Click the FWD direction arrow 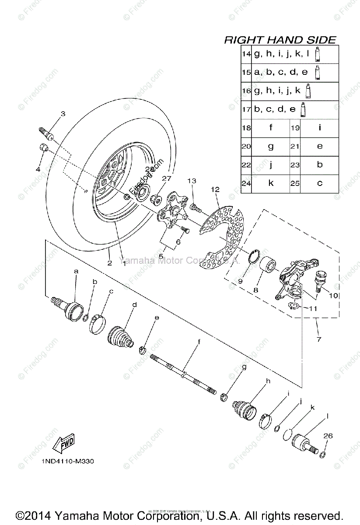click(x=63, y=443)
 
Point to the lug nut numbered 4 click(x=42, y=147)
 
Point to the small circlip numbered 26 click(x=323, y=455)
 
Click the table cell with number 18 click(x=246, y=128)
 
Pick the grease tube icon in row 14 click(x=318, y=54)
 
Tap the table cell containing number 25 click(x=295, y=184)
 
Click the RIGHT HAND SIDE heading click(x=280, y=40)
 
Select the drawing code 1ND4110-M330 click(x=68, y=461)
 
